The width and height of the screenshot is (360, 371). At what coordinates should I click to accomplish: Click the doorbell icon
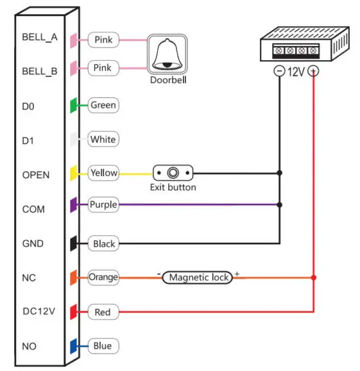pyautogui.click(x=167, y=55)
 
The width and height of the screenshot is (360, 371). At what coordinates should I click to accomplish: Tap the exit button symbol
pyautogui.click(x=173, y=173)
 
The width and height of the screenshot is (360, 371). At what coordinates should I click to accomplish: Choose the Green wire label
pyautogui.click(x=103, y=105)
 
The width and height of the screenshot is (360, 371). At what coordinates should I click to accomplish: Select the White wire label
pyautogui.click(x=103, y=140)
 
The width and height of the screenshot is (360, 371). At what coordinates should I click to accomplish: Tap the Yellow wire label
pyautogui.click(x=103, y=173)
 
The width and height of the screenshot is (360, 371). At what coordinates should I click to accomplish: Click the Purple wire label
pyautogui.click(x=103, y=204)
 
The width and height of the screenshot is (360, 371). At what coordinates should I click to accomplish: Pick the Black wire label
pyautogui.click(x=103, y=243)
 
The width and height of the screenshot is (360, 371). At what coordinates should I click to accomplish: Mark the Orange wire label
pyautogui.click(x=103, y=277)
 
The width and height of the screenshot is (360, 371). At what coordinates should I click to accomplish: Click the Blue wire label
pyautogui.click(x=103, y=346)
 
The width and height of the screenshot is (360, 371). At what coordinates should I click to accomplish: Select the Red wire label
pyautogui.click(x=103, y=312)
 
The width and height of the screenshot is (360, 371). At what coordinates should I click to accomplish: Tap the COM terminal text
pyautogui.click(x=33, y=209)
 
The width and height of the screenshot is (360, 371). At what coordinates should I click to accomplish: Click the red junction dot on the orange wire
pyautogui.click(x=313, y=277)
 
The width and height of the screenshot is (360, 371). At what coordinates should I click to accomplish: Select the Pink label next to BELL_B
pyautogui.click(x=103, y=68)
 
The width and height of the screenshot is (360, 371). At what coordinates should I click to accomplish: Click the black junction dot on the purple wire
pyautogui.click(x=279, y=204)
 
